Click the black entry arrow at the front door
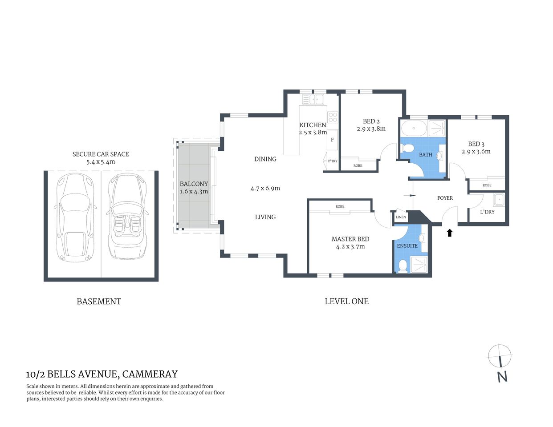pos(450,233)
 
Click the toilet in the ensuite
pos(403,266)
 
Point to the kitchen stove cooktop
pos(333,117)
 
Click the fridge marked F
pos(332,140)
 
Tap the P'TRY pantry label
pos(332,161)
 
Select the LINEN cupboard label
pos(401,217)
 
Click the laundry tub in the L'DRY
pos(499,200)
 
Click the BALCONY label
pos(194,184)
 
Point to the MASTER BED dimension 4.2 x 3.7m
pos(350,246)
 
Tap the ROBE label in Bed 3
pos(487,185)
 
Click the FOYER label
pos(445,198)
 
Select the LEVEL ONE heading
pos(346,301)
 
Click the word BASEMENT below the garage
pos(99,301)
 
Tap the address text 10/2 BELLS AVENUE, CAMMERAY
pos(102,374)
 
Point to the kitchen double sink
pos(313,99)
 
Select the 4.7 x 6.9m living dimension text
pos(265,188)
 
